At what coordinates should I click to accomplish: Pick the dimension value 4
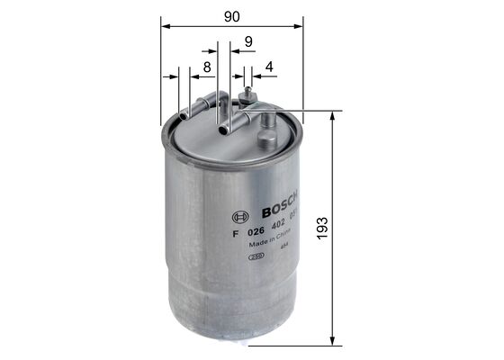[268, 67]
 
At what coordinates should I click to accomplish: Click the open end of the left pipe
[184, 114]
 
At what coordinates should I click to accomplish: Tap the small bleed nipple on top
[247, 91]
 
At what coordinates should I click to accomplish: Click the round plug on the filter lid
[268, 138]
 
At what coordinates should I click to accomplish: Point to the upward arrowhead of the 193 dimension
[335, 116]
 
